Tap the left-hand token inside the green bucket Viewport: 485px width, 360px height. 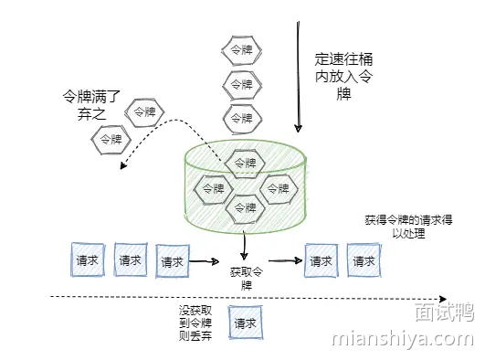213,188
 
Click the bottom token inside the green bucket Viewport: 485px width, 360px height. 245,209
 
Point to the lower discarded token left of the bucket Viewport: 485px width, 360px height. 109,140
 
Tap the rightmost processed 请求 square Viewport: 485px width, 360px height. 364,260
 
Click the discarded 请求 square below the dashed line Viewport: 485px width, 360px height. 245,323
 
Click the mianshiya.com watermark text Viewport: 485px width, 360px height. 401,341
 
